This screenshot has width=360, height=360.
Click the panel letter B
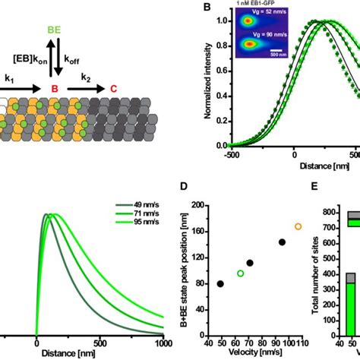coord(204,8)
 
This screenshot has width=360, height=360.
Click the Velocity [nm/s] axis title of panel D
coord(264,352)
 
